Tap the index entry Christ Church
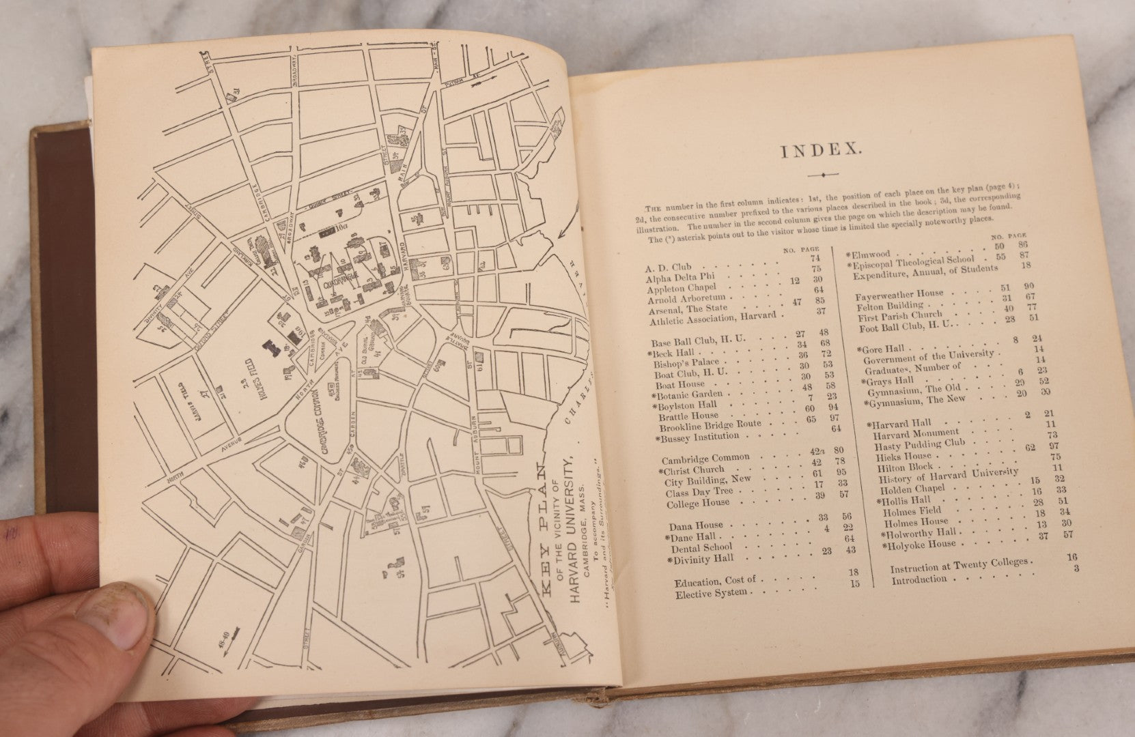pyautogui.click(x=695, y=469)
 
